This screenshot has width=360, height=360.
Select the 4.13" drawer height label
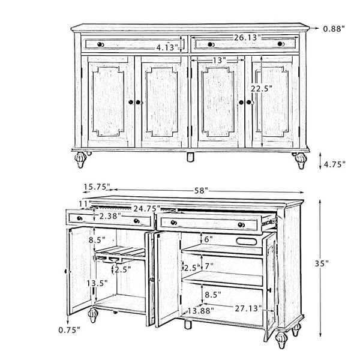pyautogui.click(x=167, y=47)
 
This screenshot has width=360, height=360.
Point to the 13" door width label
pyautogui.click(x=218, y=61)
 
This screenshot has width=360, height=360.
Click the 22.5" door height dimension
pyautogui.click(x=262, y=88)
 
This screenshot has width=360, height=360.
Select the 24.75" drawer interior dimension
pyautogui.click(x=146, y=208)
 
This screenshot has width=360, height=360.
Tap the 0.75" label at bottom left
pyautogui.click(x=70, y=329)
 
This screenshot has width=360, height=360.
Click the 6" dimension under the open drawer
pyautogui.click(x=209, y=238)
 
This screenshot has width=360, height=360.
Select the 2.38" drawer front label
pyautogui.click(x=111, y=216)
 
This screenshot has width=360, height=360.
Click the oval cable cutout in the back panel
pyautogui.click(x=248, y=241)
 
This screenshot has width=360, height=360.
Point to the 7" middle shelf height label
pyautogui.click(x=209, y=265)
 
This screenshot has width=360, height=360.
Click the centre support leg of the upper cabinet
pyautogui.click(x=190, y=158)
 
